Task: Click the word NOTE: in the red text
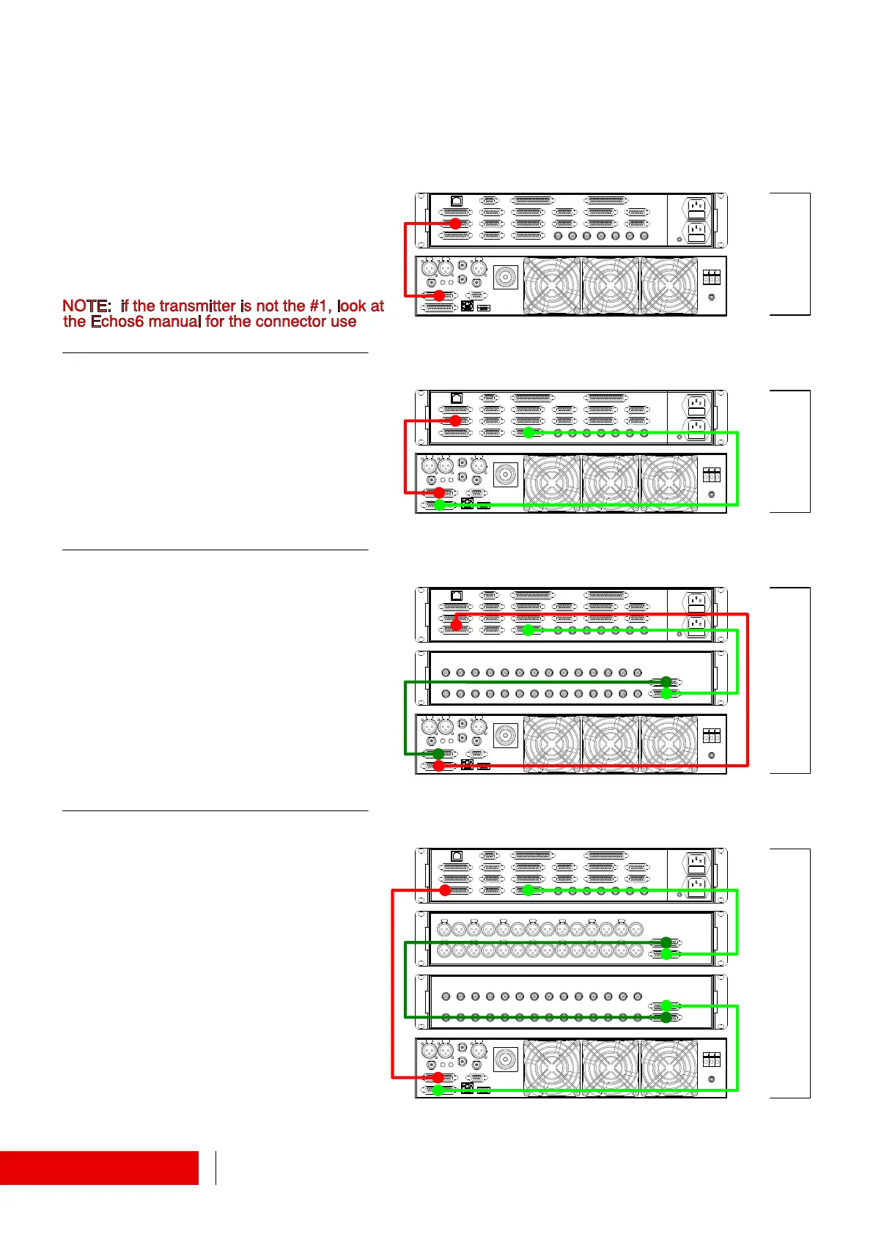pos(86,306)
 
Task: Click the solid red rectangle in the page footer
pos(99,1167)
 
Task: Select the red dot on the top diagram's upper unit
pos(455,223)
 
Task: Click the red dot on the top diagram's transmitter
pos(439,296)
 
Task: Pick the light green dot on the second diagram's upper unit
pos(528,433)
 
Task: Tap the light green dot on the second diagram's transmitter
pos(439,505)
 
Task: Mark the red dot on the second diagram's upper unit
pos(455,421)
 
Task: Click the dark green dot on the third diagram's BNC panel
pos(666,681)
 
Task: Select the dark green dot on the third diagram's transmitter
pos(438,753)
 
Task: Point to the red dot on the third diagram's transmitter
pos(438,766)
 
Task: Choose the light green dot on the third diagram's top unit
pos(528,629)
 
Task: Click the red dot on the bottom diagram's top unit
pos(445,890)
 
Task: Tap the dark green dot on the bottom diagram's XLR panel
pos(666,942)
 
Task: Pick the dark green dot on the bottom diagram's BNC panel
pos(666,1017)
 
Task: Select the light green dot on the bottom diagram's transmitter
pos(438,1090)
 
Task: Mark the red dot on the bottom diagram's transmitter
pos(438,1077)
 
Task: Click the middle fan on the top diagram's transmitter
pos(611,286)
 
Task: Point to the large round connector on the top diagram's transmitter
pos(505,277)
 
